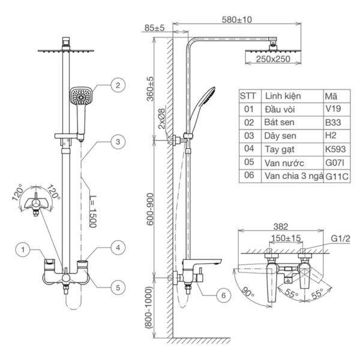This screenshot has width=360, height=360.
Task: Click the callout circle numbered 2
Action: [118, 85]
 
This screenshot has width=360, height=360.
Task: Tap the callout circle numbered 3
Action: [118, 142]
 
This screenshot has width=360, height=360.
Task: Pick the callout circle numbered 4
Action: [118, 247]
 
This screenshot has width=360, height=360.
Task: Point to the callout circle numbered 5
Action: [118, 287]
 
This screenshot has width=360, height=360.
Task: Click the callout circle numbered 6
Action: [221, 295]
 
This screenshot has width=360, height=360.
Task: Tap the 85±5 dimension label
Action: [154, 27]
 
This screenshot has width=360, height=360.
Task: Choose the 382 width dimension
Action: [279, 227]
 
